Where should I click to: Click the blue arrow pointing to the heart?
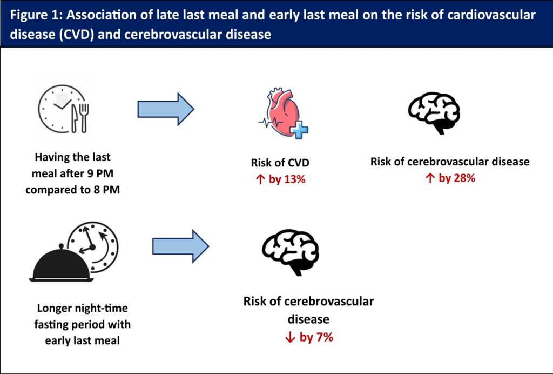[x=165, y=109]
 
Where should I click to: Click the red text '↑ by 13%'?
[x=280, y=179]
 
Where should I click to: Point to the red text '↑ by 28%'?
[x=449, y=178]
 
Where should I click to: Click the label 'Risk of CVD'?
[x=280, y=163]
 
